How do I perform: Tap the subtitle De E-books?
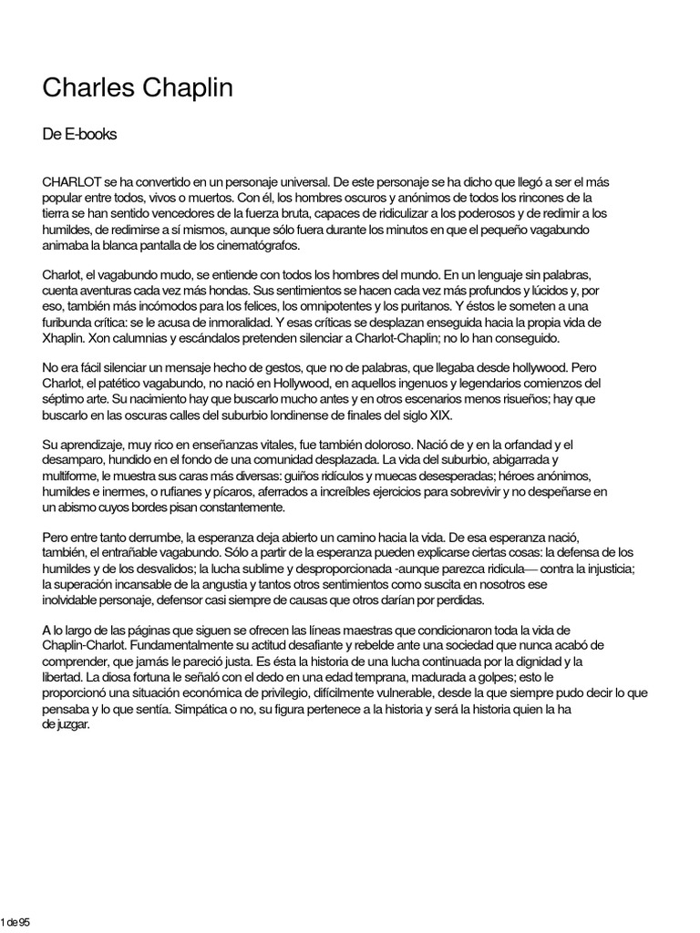tap(79, 135)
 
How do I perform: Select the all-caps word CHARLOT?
tap(69, 182)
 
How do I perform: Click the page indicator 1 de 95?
tap(15, 921)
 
